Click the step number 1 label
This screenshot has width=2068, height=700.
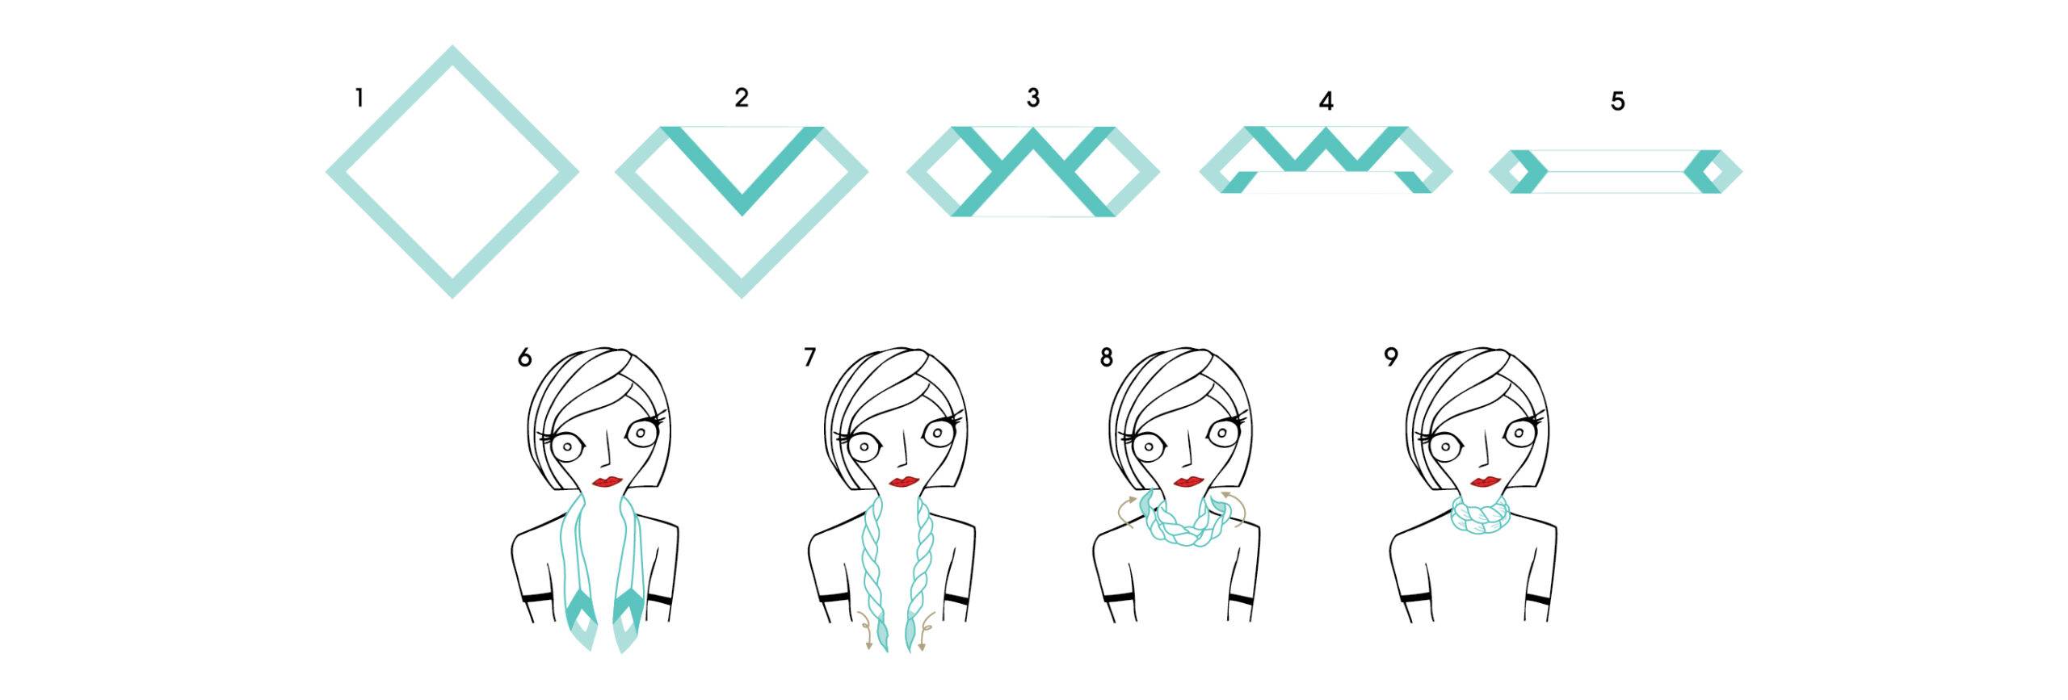click(x=359, y=99)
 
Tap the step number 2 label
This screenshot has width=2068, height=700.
click(x=742, y=98)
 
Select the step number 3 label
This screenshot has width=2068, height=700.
click(x=1032, y=98)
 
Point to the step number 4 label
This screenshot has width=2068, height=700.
click(x=1326, y=101)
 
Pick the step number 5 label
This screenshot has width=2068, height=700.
click(x=1617, y=101)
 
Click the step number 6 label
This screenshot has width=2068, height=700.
click(x=525, y=357)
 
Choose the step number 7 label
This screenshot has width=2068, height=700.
click(x=809, y=357)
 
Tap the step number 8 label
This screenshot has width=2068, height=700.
click(x=1106, y=357)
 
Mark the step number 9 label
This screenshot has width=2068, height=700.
click(x=1390, y=357)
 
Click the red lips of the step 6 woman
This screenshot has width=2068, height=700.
click(x=606, y=481)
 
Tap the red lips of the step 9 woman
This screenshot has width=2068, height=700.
click(x=1485, y=482)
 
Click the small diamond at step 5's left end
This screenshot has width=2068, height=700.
click(x=1518, y=171)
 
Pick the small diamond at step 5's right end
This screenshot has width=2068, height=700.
click(x=1713, y=171)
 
